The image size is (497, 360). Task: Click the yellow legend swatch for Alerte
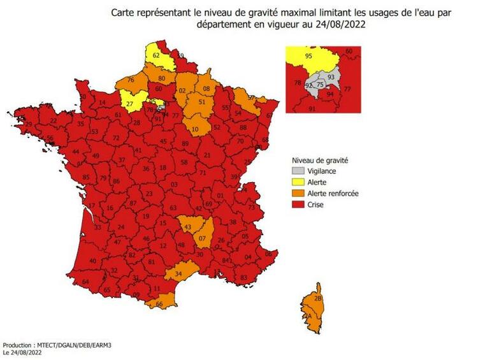[x=298, y=182]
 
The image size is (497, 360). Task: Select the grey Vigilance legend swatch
[x=298, y=171]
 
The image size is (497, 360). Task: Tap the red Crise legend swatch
[x=298, y=205]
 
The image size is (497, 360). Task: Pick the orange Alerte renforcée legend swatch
[x=298, y=193]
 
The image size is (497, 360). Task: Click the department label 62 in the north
[x=157, y=56]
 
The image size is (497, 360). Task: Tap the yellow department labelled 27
[x=129, y=103]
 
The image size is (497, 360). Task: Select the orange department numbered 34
[x=179, y=275]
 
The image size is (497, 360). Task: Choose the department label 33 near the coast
[x=97, y=227]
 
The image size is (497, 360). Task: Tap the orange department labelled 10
[x=195, y=129]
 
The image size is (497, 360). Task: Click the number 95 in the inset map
[x=309, y=56]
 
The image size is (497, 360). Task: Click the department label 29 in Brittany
[x=29, y=124]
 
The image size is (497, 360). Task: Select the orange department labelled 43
[x=187, y=227]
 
